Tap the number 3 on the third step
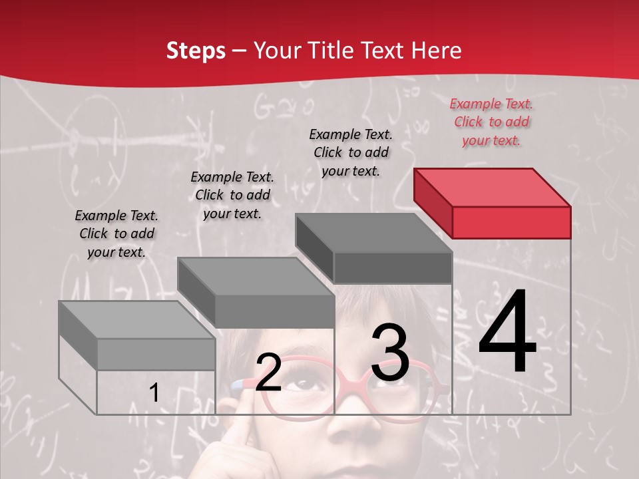pyautogui.click(x=389, y=353)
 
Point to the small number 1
pyautogui.click(x=154, y=393)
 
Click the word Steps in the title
pyautogui.click(x=196, y=51)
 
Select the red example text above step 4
pyautogui.click(x=491, y=122)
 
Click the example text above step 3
pyautogui.click(x=351, y=152)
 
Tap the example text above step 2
pyautogui.click(x=232, y=195)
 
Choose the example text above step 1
pyautogui.click(x=116, y=234)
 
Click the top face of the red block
pyautogui.click(x=493, y=187)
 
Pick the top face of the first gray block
pyautogui.click(x=136, y=319)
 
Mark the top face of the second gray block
pyautogui.click(x=256, y=276)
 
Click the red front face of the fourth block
pyautogui.click(x=511, y=222)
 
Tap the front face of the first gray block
pyautogui.click(x=156, y=355)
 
